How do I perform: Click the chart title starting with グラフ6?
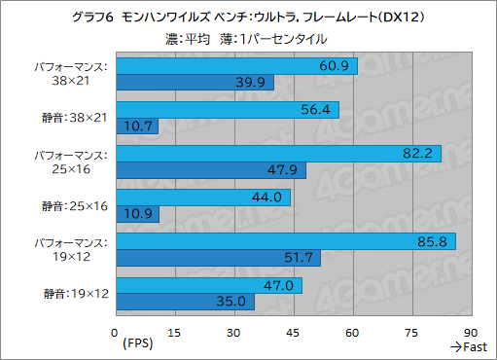click(248, 17)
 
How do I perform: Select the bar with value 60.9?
click(236, 66)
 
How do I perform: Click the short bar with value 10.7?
click(136, 126)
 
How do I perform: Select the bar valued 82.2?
click(278, 153)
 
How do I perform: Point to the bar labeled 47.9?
click(210, 170)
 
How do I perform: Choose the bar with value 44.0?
click(202, 197)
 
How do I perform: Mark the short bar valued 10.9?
click(136, 213)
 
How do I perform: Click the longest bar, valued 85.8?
click(285, 240)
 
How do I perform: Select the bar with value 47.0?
click(208, 285)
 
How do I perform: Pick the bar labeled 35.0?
click(185, 302)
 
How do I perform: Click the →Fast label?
click(469, 347)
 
